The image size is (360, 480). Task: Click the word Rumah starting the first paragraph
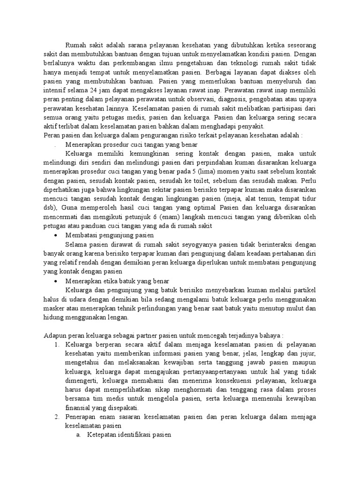pyautogui.click(x=76, y=45)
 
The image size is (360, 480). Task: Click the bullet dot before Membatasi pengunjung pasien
pyautogui.click(x=56, y=234)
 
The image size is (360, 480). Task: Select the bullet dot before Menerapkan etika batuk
pyautogui.click(x=56, y=282)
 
